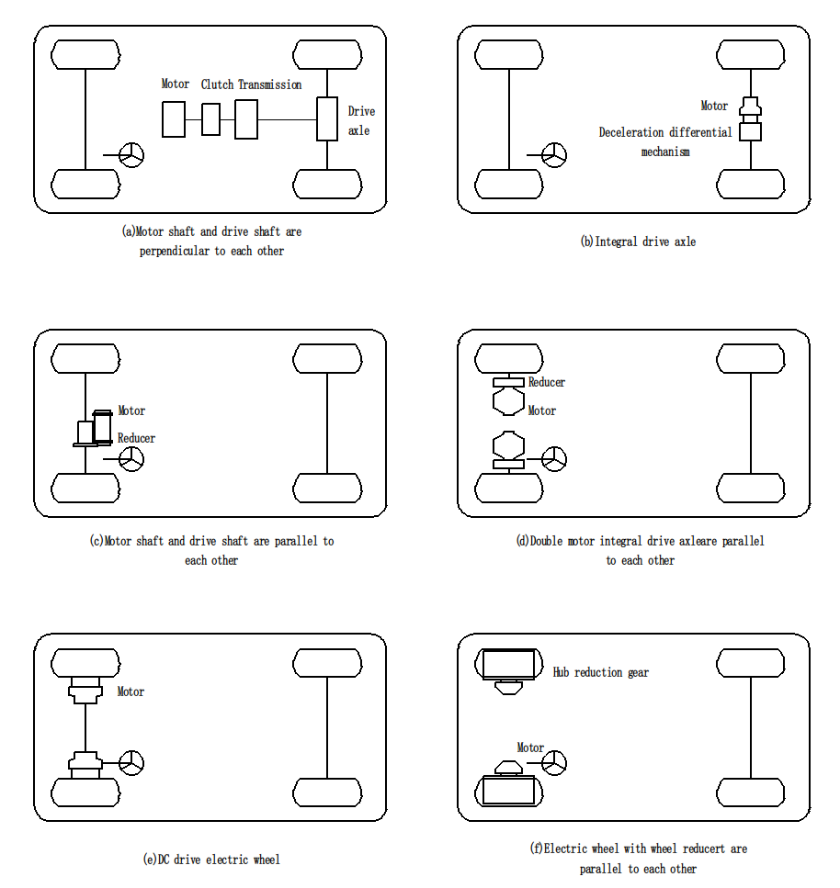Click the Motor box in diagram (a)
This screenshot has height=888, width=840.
pyautogui.click(x=174, y=119)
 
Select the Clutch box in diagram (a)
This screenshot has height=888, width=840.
pyautogui.click(x=210, y=119)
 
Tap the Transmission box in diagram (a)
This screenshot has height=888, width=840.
pyautogui.click(x=245, y=119)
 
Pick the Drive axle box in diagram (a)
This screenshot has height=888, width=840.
pyautogui.click(x=327, y=118)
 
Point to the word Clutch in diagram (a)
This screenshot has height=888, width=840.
pyautogui.click(x=217, y=84)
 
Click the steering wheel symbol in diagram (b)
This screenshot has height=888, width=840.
pyautogui.click(x=554, y=155)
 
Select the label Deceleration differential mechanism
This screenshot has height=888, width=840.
pyautogui.click(x=665, y=141)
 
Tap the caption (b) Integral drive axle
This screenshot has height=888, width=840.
pyautogui.click(x=638, y=242)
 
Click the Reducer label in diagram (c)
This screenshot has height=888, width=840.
pyautogui.click(x=136, y=438)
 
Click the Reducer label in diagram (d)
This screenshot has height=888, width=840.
pyautogui.click(x=546, y=382)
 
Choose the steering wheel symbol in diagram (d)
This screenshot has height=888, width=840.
pyautogui.click(x=554, y=458)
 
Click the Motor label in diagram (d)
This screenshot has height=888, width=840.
pyautogui.click(x=541, y=410)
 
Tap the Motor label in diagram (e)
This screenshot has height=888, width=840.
pyautogui.click(x=131, y=691)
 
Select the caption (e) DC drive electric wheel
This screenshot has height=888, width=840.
pyautogui.click(x=210, y=860)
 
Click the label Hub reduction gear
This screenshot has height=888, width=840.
pyautogui.click(x=600, y=672)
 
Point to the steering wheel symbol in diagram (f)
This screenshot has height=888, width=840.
pyautogui.click(x=554, y=762)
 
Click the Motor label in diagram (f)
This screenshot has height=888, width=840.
pyautogui.click(x=530, y=747)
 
